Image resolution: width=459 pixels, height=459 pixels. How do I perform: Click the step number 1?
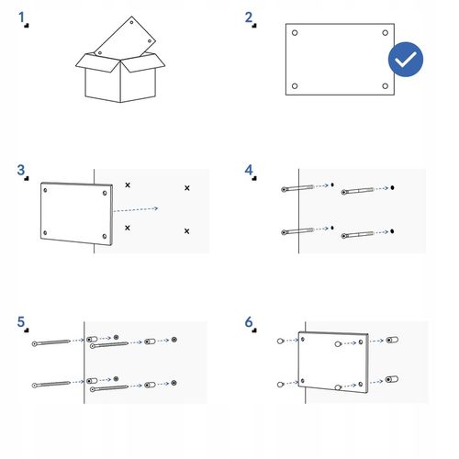coord(21,17)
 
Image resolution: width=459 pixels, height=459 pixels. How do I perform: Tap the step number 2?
coord(249,17)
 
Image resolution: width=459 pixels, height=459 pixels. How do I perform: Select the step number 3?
coord(21,170)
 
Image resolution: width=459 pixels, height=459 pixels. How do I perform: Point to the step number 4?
coord(249,170)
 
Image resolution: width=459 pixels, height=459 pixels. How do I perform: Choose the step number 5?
coord(21,322)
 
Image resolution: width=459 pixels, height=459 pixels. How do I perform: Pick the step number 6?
coord(249,322)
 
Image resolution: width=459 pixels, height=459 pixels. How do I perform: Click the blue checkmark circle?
coord(406,60)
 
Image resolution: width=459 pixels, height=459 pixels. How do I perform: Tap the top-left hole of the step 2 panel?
coord(295,33)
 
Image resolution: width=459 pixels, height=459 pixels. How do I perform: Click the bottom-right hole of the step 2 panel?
coord(386,86)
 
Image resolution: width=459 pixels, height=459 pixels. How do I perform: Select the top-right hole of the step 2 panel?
coord(386,33)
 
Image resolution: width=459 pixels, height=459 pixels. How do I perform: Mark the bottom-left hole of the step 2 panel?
coord(295,86)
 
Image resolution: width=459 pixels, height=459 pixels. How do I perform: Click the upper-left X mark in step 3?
coord(128,185)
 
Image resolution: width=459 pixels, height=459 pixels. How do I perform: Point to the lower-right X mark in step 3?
coord(187,231)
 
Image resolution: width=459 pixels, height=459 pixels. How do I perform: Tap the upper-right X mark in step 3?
coord(187,188)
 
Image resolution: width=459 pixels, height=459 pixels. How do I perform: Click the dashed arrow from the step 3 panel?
coord(136,209)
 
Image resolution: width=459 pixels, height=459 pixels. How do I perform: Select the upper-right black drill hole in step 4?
coord(392,187)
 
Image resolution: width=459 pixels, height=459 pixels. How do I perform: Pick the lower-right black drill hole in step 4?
coord(392,231)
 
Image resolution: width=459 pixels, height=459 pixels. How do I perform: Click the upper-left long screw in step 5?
coord(51,342)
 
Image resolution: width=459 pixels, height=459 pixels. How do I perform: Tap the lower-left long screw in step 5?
coord(51,385)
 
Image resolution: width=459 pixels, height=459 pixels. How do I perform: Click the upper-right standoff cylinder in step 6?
coord(392,340)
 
